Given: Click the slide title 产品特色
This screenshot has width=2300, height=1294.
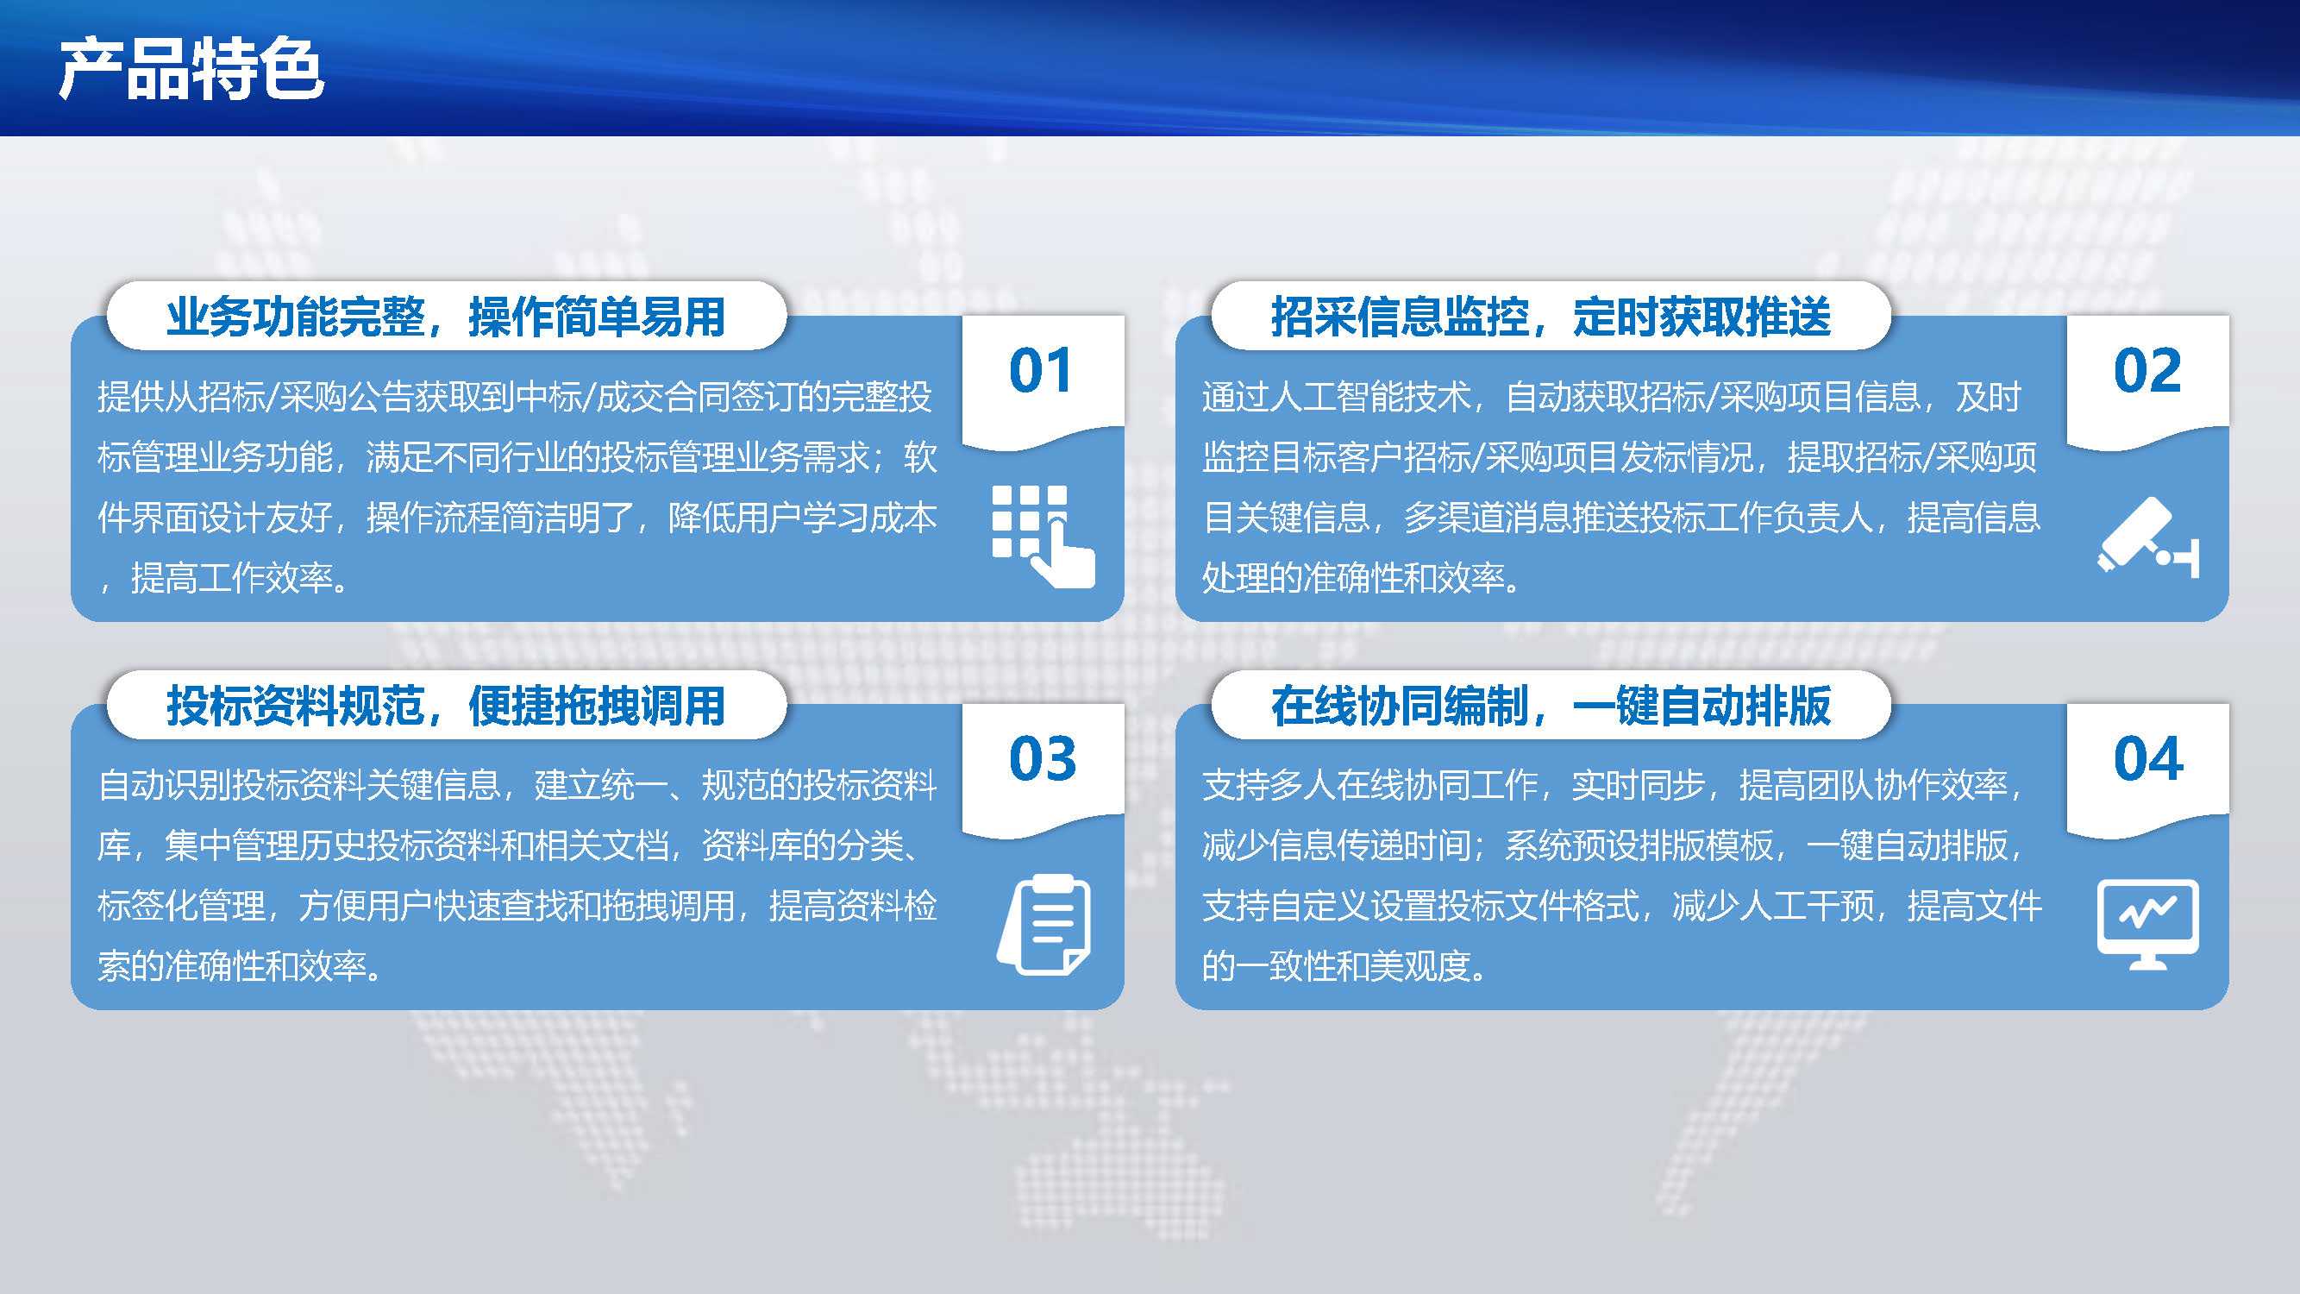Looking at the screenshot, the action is coord(191,69).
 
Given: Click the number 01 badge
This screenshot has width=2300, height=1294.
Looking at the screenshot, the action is coord(1041,370).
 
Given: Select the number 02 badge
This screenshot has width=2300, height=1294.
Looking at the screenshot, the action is coord(2147,370).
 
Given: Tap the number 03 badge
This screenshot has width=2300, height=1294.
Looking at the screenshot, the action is coord(1042,758).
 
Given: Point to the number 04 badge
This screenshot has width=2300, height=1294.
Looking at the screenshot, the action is coord(2148,758).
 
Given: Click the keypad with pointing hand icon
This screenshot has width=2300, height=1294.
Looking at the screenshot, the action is coord(1043,537).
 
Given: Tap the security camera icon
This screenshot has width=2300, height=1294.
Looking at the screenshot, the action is coord(2148,537).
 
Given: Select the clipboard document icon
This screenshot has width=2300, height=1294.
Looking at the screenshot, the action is coord(1043,924).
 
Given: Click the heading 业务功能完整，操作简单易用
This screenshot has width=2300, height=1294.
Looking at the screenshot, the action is coord(446,316).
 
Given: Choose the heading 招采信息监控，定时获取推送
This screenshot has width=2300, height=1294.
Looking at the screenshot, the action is coord(1551,316).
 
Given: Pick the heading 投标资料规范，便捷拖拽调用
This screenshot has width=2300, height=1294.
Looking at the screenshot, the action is coord(446,706).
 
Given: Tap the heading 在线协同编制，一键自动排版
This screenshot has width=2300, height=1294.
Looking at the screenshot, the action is coord(1551,706).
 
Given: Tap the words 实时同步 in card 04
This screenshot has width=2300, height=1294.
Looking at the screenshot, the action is coord(1639,785).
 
